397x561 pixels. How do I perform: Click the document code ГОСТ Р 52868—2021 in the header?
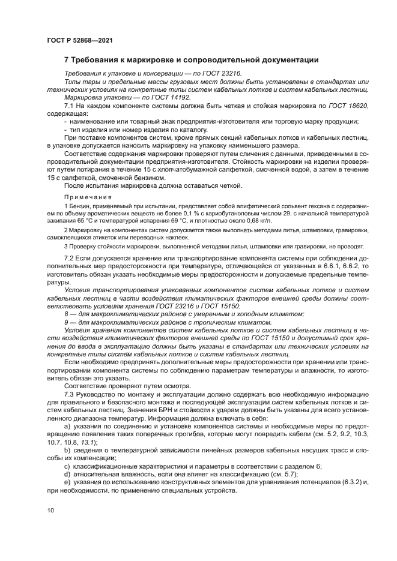[79, 41]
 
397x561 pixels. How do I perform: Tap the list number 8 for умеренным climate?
[66, 313]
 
